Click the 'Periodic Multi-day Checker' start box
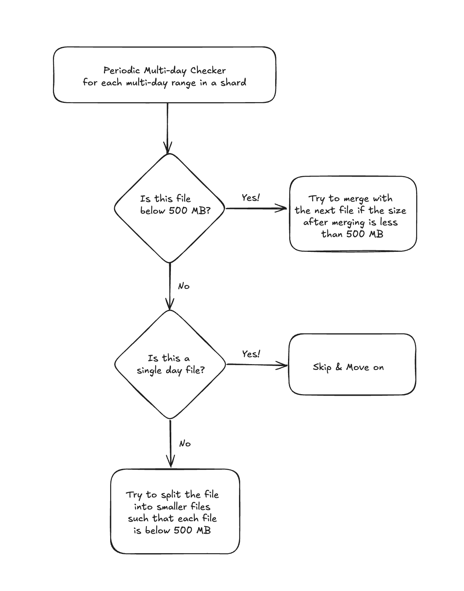pos(165,75)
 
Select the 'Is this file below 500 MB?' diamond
pos(169,208)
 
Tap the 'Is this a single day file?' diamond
pos(170,365)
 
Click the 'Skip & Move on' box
pos(352,365)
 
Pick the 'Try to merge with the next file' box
pos(353,214)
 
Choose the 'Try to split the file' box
pos(175,511)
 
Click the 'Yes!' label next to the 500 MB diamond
pos(251,198)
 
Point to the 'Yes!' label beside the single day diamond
pos(251,354)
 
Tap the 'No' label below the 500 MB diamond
pos(184,286)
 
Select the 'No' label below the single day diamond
pos(185,444)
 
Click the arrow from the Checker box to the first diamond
pos(167,128)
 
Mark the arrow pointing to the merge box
pos(256,209)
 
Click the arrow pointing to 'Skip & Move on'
pos(257,365)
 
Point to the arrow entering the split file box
pos(170,443)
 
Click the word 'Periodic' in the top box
pos(122,70)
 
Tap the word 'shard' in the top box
pos(234,82)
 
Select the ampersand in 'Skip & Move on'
pos(339,367)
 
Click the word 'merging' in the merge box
pos(348,223)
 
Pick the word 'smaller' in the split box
pos(172,506)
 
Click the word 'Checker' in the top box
pos(208,70)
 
